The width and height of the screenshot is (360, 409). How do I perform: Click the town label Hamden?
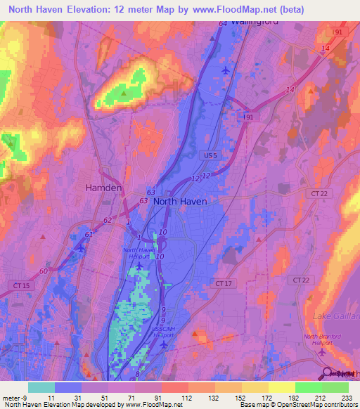point(103,188)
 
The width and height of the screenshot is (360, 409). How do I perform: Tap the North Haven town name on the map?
point(180,201)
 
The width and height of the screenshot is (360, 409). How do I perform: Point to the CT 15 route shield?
point(22,285)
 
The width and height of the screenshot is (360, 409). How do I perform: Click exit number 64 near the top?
point(222,23)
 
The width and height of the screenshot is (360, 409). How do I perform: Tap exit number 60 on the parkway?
point(44,271)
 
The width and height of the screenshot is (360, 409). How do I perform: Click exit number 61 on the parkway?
point(89,234)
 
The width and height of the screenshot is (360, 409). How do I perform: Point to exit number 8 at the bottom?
point(137,376)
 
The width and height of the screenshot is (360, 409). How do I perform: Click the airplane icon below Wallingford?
point(225,70)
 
